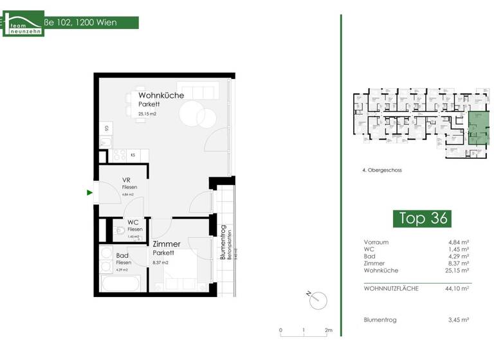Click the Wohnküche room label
(161, 95)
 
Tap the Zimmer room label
(166, 244)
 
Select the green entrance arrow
(89, 192)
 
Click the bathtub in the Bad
(120, 283)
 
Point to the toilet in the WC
(118, 230)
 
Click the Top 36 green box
(421, 218)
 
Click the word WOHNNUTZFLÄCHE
(391, 289)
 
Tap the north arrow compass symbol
(317, 298)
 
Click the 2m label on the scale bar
(329, 330)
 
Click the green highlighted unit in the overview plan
(477, 127)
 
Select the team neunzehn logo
(23, 23)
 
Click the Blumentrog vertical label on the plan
(223, 242)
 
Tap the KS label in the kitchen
(133, 155)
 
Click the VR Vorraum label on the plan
(127, 180)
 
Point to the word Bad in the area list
(369, 256)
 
